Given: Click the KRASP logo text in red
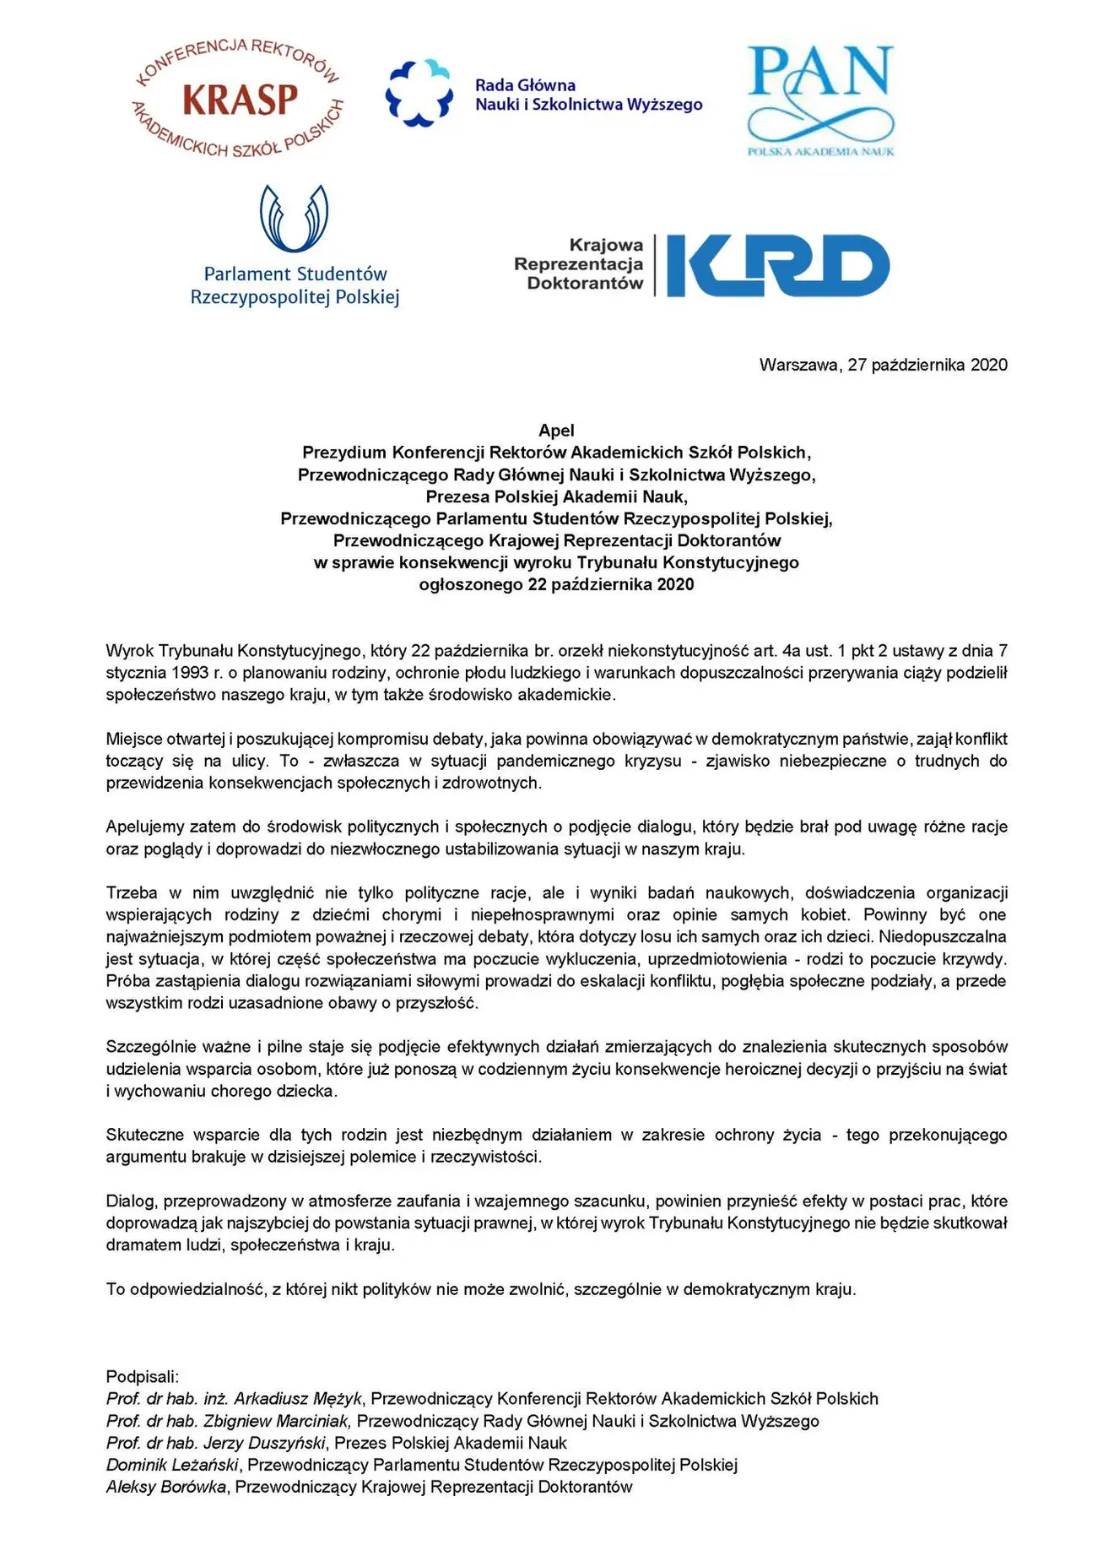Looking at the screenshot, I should (x=241, y=100).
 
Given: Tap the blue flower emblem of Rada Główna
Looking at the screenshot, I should (x=419, y=94).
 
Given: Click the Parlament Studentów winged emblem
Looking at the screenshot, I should (x=294, y=218).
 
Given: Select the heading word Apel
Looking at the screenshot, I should (x=556, y=431).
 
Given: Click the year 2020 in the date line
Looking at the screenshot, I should (x=988, y=365).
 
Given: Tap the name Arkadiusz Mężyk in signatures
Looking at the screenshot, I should (x=298, y=1399).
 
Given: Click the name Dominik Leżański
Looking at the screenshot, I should (x=172, y=1465).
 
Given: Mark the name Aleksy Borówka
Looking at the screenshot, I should (x=166, y=1487).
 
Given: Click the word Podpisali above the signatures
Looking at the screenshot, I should (x=142, y=1377).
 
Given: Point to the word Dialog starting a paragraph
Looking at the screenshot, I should (x=130, y=1201).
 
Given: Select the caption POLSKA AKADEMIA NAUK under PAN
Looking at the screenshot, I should (x=820, y=151).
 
